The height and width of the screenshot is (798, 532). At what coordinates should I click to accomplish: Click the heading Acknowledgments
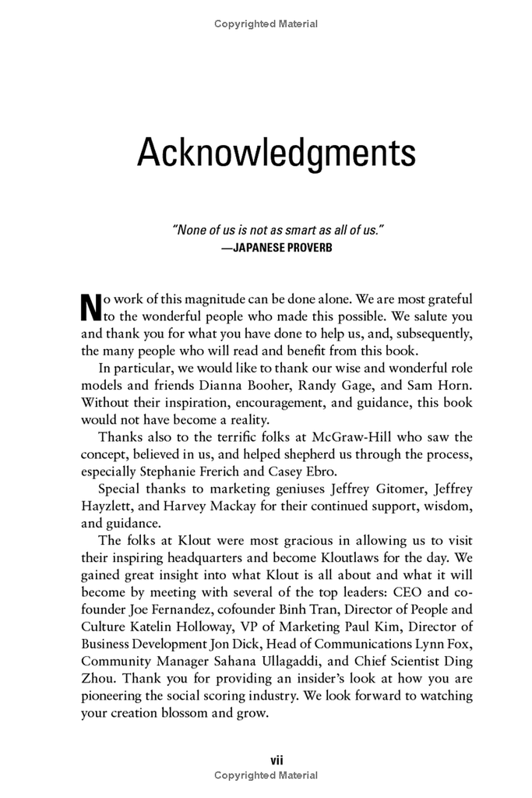tap(276, 153)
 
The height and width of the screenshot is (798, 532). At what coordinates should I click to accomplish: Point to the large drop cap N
tap(91, 307)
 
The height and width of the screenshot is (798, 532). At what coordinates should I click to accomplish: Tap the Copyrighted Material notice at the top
tap(266, 24)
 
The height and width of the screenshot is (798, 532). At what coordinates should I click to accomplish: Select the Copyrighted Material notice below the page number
tap(266, 775)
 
